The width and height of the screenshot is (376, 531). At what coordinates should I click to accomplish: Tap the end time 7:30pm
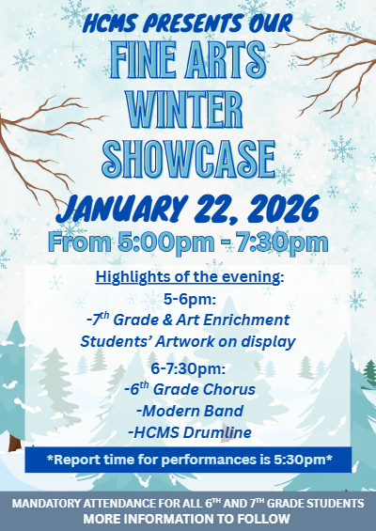coord(282,243)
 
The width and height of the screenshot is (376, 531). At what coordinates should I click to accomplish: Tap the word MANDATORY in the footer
coord(48,505)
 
